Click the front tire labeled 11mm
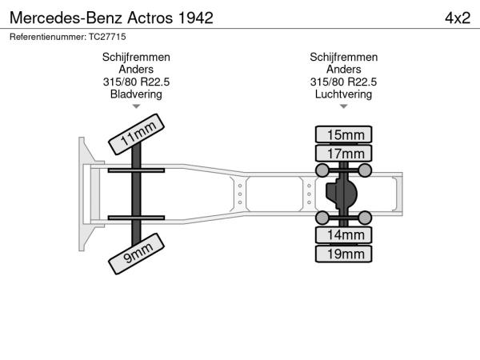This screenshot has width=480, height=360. click(136, 134)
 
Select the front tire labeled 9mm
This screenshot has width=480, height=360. click(136, 254)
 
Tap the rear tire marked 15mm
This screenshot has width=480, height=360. click(343, 134)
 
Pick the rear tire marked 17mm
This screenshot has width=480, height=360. click(343, 154)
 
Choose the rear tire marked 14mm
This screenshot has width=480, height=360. click(343, 235)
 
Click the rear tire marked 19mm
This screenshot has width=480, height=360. click(343, 254)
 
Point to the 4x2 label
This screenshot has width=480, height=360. click(458, 18)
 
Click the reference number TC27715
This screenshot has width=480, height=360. click(107, 37)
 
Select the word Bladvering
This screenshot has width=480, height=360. click(136, 94)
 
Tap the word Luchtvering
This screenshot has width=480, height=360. click(343, 94)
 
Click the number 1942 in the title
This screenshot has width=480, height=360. click(195, 18)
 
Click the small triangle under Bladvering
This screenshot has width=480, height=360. click(136, 106)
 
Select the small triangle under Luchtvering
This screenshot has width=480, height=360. click(343, 106)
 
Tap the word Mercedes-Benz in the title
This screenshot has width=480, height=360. click(66, 18)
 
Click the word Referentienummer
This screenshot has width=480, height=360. click(48, 37)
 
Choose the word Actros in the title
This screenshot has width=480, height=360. click(150, 18)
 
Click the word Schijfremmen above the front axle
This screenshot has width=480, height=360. click(136, 58)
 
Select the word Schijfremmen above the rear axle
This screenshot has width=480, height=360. click(343, 58)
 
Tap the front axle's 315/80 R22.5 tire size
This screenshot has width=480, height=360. click(136, 82)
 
